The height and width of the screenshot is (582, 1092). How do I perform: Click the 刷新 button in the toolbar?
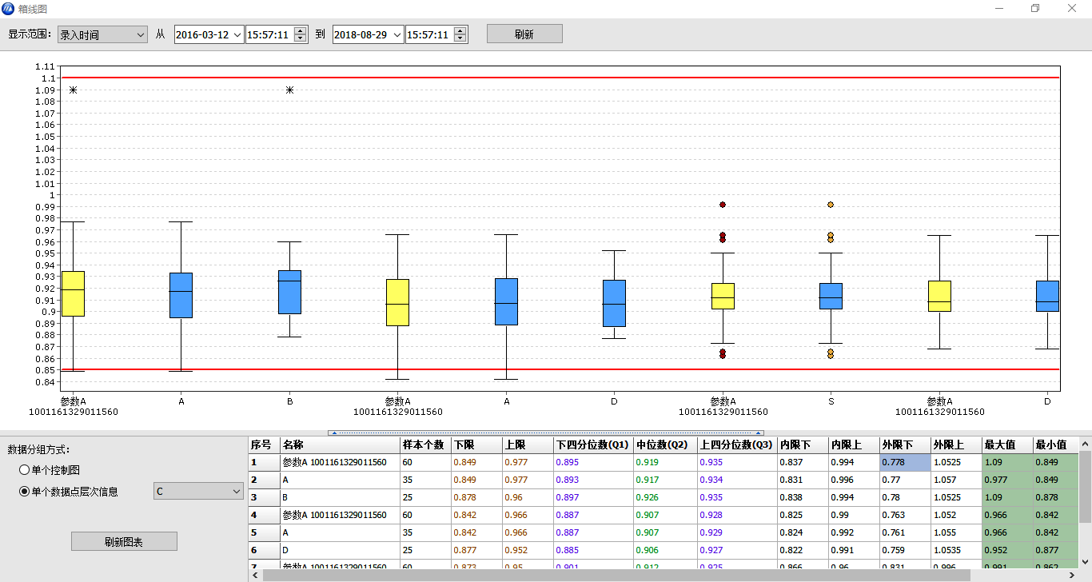click(524, 34)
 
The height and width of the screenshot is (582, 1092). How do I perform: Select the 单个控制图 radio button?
click(25, 469)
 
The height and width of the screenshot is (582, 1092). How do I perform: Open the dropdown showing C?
click(198, 491)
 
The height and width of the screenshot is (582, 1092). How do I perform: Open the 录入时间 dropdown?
click(102, 34)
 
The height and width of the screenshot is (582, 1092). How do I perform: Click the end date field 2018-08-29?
click(361, 34)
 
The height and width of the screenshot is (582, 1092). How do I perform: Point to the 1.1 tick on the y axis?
click(49, 78)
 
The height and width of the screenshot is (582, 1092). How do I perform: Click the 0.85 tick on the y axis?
click(47, 370)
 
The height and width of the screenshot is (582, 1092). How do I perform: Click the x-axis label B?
click(289, 401)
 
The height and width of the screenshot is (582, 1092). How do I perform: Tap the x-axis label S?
click(831, 401)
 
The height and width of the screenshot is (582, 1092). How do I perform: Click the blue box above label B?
click(289, 292)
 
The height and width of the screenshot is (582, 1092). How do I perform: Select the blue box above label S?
click(831, 296)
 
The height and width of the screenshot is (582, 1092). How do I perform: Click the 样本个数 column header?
click(424, 444)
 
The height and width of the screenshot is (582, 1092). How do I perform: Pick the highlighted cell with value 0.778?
click(905, 462)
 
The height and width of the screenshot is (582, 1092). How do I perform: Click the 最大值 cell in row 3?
click(1006, 497)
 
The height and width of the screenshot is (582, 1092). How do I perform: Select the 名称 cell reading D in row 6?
click(340, 550)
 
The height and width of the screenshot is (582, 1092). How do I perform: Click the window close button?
click(1072, 8)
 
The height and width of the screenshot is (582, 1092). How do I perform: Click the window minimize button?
click(999, 8)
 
